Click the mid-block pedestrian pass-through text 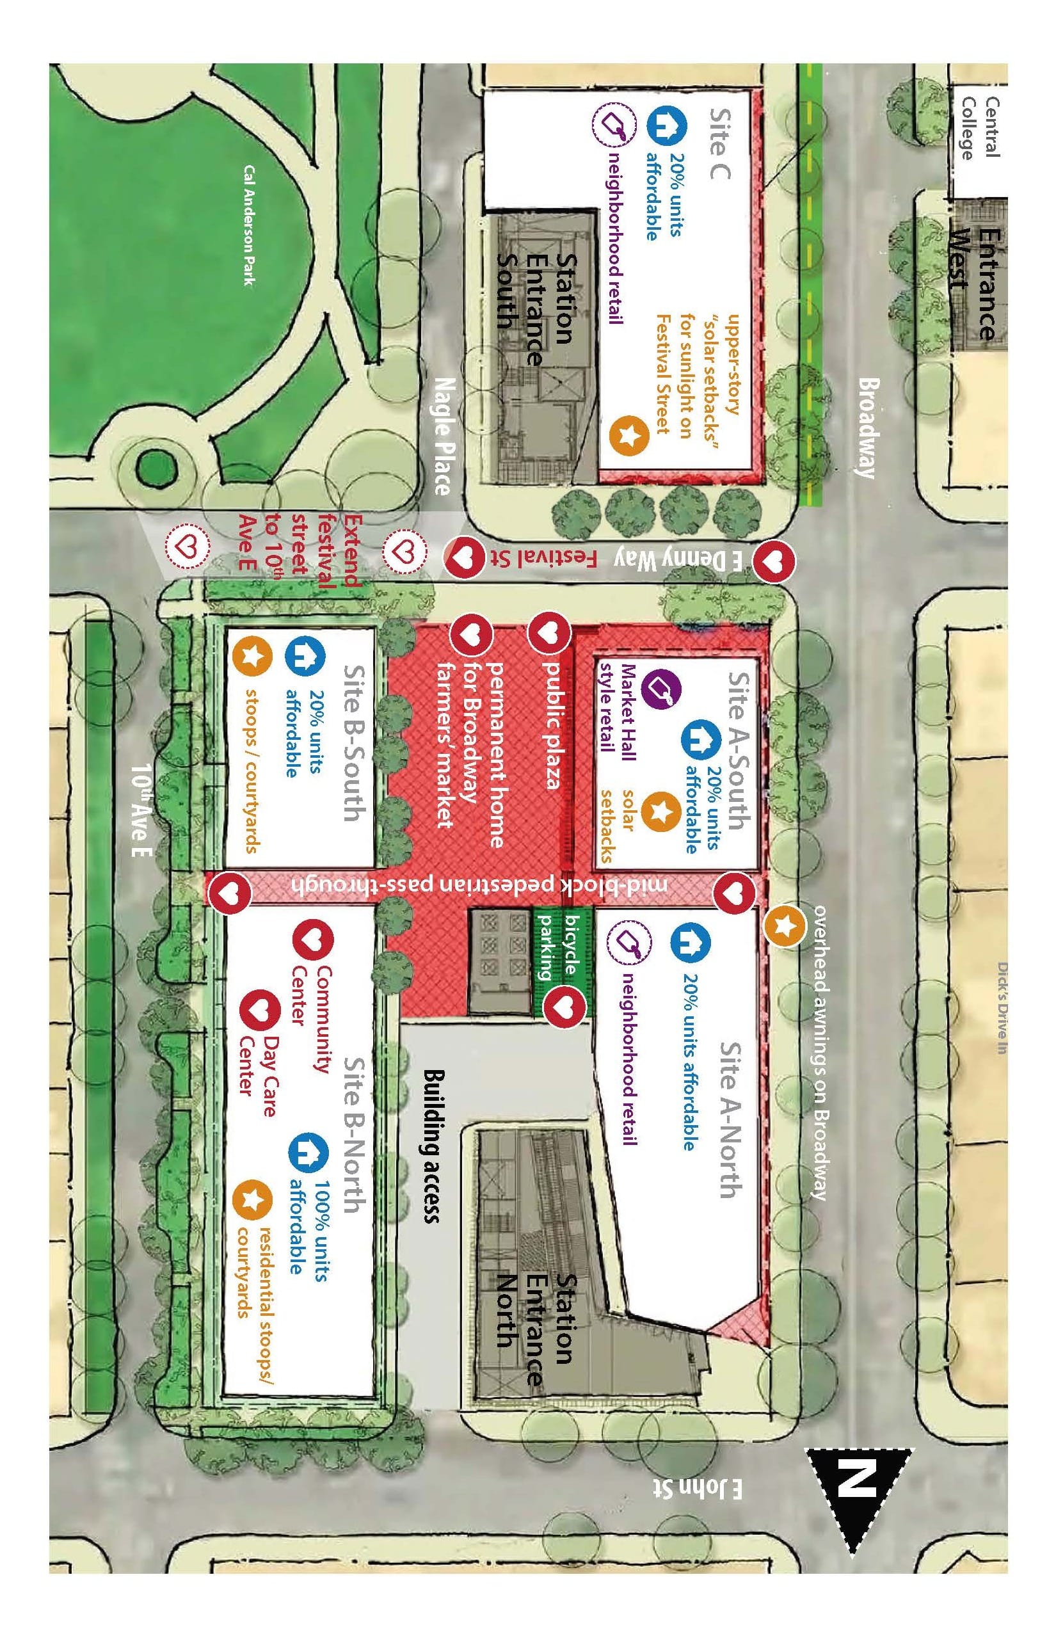pyautogui.click(x=480, y=884)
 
